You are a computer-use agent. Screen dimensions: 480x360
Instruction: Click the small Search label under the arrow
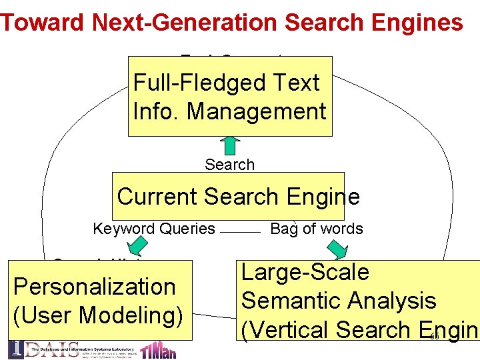[x=229, y=165]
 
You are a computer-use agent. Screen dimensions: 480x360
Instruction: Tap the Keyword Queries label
[x=154, y=229]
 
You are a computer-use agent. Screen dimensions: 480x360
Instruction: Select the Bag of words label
[x=317, y=229]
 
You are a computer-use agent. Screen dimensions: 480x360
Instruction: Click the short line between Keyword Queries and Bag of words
[x=239, y=231]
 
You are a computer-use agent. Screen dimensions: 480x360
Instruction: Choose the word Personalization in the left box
[x=94, y=287]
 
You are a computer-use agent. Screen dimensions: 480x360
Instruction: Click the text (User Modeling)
[x=98, y=315]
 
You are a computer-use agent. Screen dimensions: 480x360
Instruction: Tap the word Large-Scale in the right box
[x=305, y=272]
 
